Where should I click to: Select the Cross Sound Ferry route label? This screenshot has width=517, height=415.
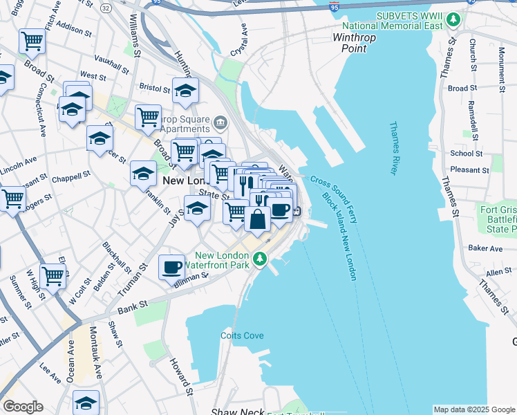click(334, 199)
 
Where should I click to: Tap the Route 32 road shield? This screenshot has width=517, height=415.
click(105, 7)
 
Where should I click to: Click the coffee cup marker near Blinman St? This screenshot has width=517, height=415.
click(172, 266)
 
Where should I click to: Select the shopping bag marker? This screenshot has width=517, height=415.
click(257, 219)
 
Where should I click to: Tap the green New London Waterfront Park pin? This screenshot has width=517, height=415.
click(260, 259)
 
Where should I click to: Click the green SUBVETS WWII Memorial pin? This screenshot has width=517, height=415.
click(453, 19)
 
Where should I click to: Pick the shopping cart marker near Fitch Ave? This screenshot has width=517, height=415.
click(32, 41)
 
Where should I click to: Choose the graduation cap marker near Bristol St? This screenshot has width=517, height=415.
click(185, 91)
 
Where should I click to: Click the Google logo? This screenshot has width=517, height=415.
click(23, 407)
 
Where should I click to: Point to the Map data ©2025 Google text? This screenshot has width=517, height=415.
click(474, 409)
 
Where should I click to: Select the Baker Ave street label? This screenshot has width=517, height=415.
click(485, 247)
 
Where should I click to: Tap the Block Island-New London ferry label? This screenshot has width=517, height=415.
click(340, 236)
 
